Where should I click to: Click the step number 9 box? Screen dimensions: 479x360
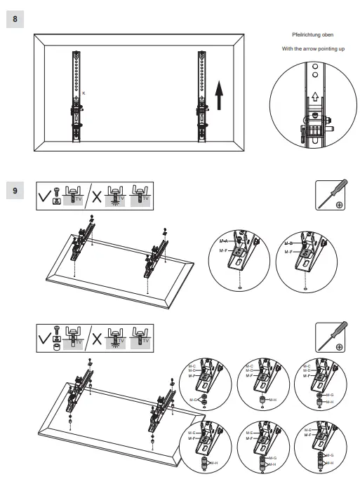coord(15,191)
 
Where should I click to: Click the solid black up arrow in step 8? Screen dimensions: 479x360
coord(219,94)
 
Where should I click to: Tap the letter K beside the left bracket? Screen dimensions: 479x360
coord(84,93)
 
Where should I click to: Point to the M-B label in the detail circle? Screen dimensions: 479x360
coord(288,243)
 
